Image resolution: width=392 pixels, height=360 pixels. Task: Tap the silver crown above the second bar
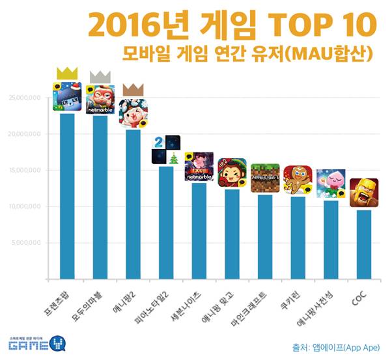click(x=100, y=77)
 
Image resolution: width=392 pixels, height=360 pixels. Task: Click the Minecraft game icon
click(x=265, y=178)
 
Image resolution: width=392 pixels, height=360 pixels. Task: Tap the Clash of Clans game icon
click(x=363, y=193)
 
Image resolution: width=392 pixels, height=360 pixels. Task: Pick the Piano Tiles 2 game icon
click(x=165, y=150)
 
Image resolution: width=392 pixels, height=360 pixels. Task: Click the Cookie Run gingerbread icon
click(x=298, y=180)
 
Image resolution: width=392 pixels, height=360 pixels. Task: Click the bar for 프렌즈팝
click(x=67, y=195)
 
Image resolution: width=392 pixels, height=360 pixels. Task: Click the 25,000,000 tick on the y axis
click(x=25, y=98)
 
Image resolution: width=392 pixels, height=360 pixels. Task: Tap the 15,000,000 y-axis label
click(x=25, y=171)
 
